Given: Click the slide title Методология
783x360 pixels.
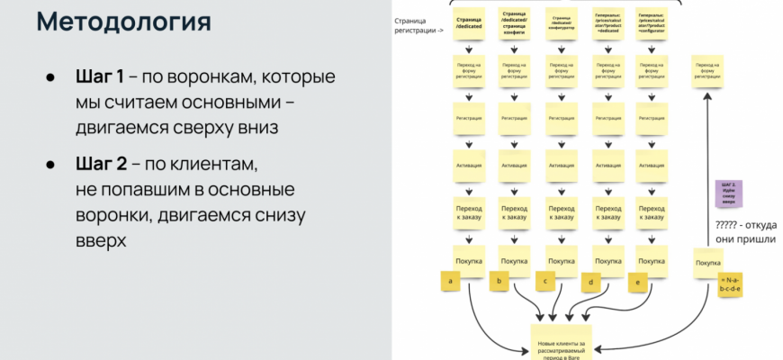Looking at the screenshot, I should click(125, 22).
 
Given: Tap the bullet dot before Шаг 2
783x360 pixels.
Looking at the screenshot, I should click(51, 166).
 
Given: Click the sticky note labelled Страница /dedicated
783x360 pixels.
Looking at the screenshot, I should click(468, 24).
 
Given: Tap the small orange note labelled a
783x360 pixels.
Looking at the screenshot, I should click(449, 282).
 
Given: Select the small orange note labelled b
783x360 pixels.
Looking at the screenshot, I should click(499, 282).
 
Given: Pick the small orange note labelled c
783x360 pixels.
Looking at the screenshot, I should click(545, 282).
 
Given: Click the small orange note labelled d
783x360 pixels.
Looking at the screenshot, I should click(591, 283).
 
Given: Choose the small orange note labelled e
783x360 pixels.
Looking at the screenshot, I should click(638, 282).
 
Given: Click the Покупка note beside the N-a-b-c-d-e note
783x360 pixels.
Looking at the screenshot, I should click(706, 263).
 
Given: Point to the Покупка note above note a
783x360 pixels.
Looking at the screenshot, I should click(468, 260).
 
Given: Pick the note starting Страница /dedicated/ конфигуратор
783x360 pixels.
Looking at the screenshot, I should click(559, 24).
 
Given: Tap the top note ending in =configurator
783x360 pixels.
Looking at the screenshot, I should click(652, 24).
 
